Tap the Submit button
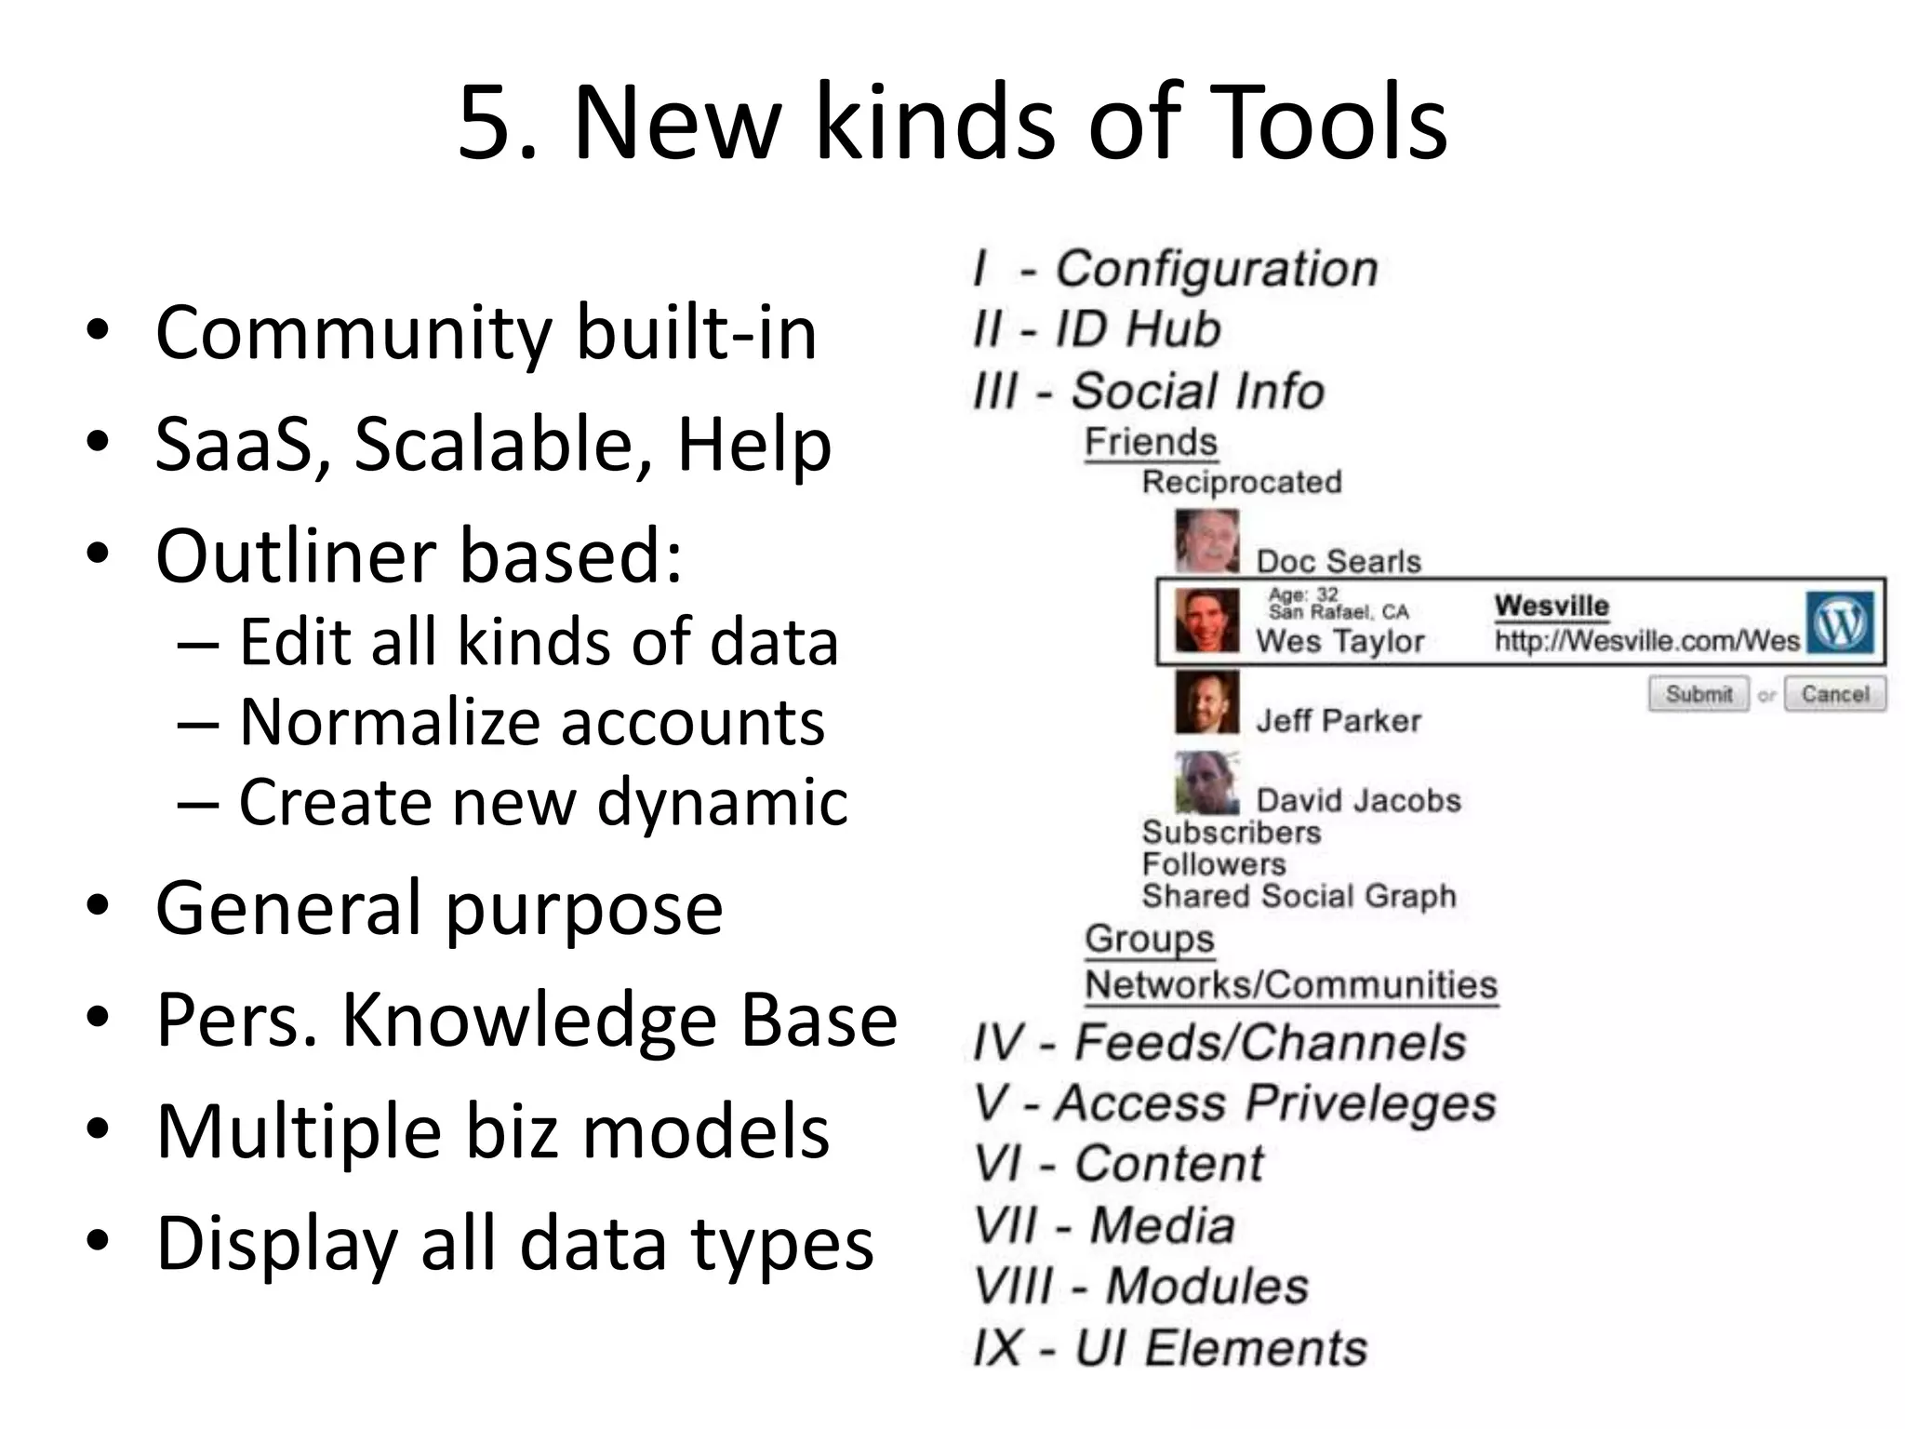(1698, 694)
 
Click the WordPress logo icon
(1840, 621)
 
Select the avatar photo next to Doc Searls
(1206, 541)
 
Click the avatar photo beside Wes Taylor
(1206, 621)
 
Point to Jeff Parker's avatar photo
(1206, 702)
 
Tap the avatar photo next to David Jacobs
(1206, 782)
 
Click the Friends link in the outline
(1151, 442)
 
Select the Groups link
(1150, 939)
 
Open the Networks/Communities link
(1291, 984)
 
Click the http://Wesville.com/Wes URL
(1646, 641)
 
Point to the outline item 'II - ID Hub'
(1097, 329)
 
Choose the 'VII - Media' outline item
(1104, 1225)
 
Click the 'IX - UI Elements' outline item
(1170, 1348)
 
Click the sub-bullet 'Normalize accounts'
(532, 722)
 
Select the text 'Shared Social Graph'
(1299, 896)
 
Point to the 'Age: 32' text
(1303, 594)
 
